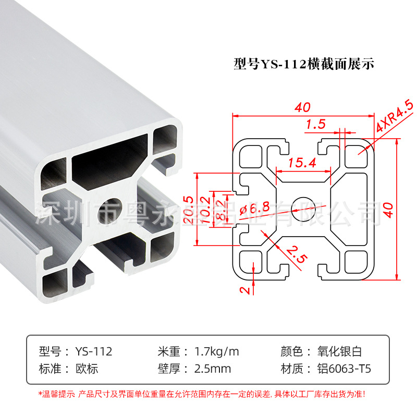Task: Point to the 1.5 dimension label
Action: [x=316, y=125]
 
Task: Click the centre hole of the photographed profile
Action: [x=115, y=205]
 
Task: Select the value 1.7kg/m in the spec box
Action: [x=216, y=351]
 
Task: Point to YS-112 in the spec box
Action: [x=94, y=351]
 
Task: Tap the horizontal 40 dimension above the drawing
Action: [x=302, y=108]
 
